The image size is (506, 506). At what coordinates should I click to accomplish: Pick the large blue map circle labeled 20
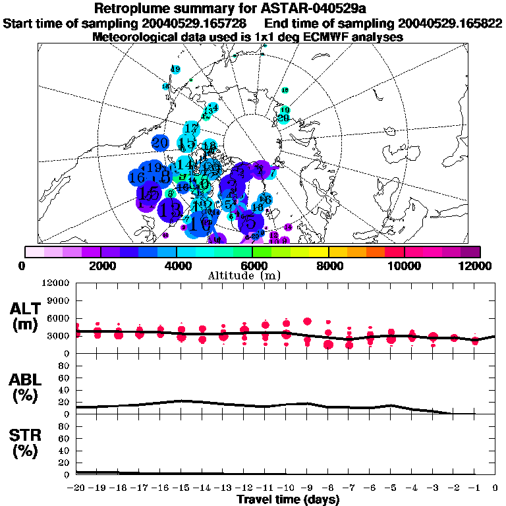pos(160,142)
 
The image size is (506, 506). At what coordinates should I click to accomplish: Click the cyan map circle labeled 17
pos(191,128)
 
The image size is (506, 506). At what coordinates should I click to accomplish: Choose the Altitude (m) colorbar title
pos(253,275)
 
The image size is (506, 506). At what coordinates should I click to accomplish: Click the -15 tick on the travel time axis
pos(182,488)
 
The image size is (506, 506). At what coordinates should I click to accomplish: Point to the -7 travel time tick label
pos(349,488)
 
